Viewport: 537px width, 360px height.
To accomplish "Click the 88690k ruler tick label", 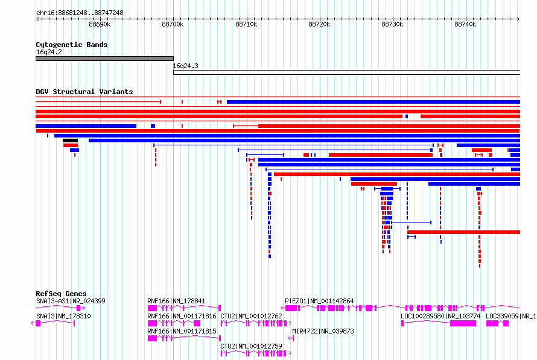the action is pos(100,24).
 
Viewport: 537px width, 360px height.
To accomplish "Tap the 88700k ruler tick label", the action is pos(173,24).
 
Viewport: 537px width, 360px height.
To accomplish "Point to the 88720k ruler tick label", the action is pos(319,24).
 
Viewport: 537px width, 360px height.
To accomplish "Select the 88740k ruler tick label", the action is pos(465,24).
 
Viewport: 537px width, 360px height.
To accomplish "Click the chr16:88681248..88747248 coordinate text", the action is pos(80,13).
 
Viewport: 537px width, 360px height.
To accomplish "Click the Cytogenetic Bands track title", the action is pos(72,45).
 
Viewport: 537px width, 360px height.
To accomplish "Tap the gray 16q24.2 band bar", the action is pos(104,58).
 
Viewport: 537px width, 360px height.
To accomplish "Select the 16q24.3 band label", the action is pos(186,66).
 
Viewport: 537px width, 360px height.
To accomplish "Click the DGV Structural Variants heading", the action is pos(84,92).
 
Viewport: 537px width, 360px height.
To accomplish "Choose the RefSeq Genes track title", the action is pos(61,294).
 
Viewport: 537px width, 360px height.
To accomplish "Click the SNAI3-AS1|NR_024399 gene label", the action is pos(71,301).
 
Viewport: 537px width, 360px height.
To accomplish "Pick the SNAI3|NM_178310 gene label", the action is pos(63,316).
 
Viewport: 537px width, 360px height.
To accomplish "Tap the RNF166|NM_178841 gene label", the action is pos(176,301).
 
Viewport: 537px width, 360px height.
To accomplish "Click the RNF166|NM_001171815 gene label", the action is pos(182,331).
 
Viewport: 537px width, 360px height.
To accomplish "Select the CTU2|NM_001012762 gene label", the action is pos(251,316).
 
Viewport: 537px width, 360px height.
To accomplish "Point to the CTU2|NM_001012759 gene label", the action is pos(251,346).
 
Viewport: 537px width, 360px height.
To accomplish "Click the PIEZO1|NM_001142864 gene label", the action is pos(319,301).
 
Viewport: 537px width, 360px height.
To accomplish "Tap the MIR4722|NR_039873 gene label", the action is pos(323,331).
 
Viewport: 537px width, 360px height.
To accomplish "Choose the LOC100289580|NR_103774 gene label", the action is pos(440,316).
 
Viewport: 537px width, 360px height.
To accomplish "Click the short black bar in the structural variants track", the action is pos(70,141).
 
